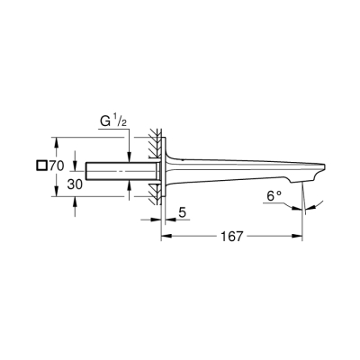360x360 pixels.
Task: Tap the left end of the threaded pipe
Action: [88, 170]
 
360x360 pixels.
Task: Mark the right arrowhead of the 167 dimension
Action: [301, 237]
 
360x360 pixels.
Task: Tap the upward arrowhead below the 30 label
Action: [75, 184]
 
